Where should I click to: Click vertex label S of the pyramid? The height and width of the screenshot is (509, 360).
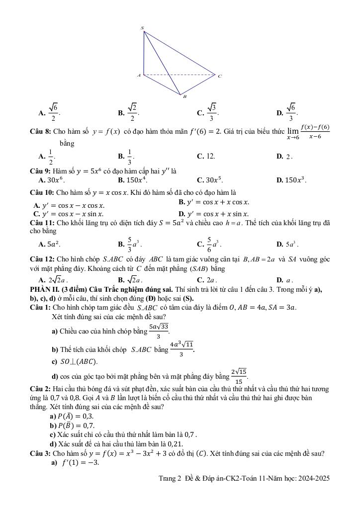[x=142, y=28]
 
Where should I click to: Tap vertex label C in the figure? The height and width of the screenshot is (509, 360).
[x=219, y=76]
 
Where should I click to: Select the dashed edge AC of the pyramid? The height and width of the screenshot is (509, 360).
[x=179, y=76]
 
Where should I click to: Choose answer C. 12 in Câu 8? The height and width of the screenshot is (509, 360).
[x=206, y=156]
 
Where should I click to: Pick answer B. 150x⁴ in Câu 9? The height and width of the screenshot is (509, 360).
[x=132, y=180]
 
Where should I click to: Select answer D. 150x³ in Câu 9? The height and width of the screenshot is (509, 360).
[x=291, y=180]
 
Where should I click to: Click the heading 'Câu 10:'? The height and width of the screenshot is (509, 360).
[x=42, y=192]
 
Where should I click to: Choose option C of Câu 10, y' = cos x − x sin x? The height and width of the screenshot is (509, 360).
[x=68, y=214]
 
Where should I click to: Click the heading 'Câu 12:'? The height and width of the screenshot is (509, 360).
[x=42, y=259]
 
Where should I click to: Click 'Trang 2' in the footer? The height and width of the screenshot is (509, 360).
[x=171, y=478]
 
